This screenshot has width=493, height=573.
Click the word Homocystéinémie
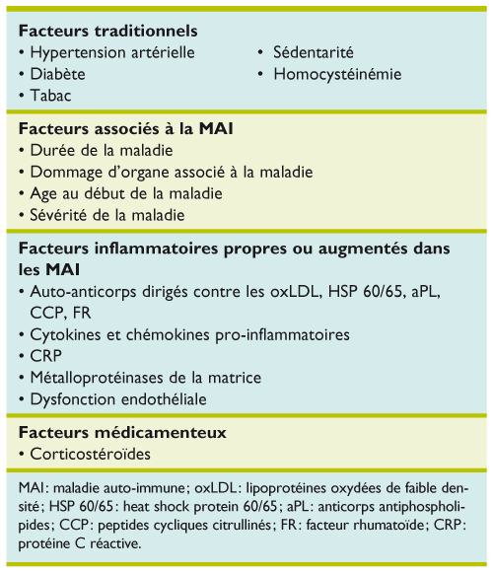click(x=334, y=74)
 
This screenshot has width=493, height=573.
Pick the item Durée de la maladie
click(x=102, y=151)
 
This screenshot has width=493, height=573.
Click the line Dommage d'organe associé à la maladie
click(x=171, y=172)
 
